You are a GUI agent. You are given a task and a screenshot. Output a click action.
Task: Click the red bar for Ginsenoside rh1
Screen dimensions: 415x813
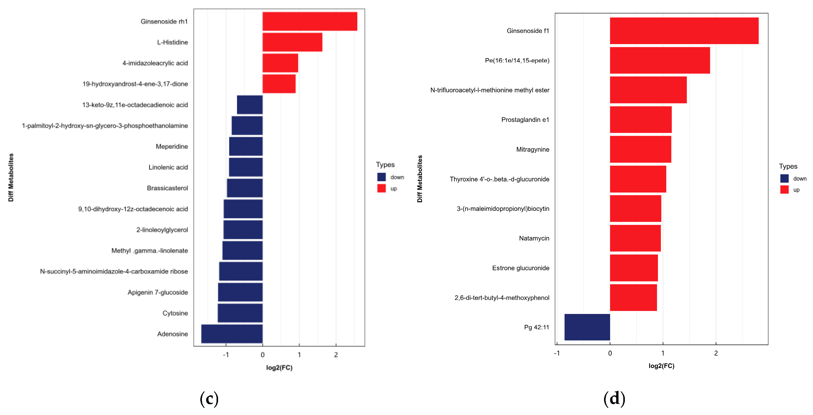309,22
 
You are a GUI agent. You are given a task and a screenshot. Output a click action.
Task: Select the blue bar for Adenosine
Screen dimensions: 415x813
232,334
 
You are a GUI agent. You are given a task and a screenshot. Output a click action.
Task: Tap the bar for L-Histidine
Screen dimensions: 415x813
292,42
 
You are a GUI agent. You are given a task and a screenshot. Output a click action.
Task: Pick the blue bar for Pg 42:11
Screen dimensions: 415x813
587,327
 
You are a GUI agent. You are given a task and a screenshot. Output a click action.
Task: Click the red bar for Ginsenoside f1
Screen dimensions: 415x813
684,31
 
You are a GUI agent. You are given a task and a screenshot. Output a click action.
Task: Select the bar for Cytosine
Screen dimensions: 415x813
240,313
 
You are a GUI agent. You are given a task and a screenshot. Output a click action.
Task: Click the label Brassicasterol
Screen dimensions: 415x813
167,188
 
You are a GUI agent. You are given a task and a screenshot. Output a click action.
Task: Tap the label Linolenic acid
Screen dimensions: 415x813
168,167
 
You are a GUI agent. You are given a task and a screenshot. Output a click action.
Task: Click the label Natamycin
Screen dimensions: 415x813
534,238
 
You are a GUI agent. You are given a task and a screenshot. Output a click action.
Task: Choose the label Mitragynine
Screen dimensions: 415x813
532,150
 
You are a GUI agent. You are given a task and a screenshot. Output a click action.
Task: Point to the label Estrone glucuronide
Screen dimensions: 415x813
520,268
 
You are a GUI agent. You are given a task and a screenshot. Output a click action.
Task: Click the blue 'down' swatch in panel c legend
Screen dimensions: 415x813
381,177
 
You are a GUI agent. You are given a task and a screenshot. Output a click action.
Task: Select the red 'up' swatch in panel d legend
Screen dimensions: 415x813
784,190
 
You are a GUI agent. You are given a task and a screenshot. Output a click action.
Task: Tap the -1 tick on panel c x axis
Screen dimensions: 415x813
226,355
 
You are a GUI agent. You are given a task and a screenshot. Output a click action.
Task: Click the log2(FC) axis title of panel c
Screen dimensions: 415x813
279,368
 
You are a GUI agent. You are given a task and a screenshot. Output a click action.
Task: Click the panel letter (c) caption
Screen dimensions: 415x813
209,399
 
